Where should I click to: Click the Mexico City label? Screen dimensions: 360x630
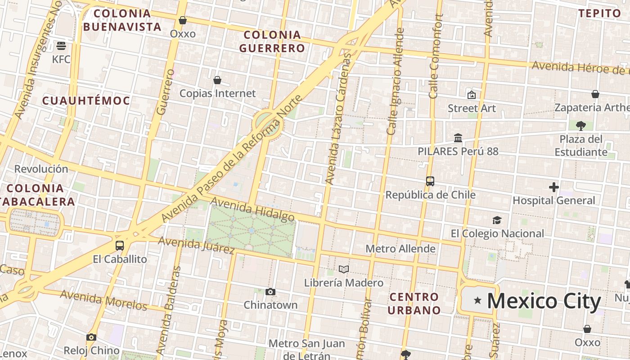pyautogui.click(x=544, y=301)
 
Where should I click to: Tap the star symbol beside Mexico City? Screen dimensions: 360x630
pyautogui.click(x=477, y=300)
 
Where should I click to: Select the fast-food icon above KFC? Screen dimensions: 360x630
pyautogui.click(x=61, y=45)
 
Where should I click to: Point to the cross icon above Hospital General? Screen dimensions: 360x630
pyautogui.click(x=554, y=187)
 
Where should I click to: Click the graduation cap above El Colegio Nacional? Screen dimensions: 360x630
pyautogui.click(x=497, y=220)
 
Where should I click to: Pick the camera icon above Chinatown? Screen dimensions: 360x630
pyautogui.click(x=270, y=292)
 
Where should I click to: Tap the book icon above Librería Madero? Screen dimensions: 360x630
pyautogui.click(x=344, y=269)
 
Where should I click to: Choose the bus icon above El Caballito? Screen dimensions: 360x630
pyautogui.click(x=120, y=246)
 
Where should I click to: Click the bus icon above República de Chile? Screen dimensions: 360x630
pyautogui.click(x=430, y=181)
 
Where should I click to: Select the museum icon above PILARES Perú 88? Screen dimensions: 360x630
pyautogui.click(x=458, y=138)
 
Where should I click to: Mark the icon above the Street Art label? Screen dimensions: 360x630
pyautogui.click(x=472, y=95)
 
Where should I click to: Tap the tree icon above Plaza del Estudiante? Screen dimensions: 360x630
pyautogui.click(x=581, y=126)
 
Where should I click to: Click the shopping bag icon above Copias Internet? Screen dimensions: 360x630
pyautogui.click(x=217, y=80)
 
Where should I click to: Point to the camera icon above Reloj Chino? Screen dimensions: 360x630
pyautogui.click(x=91, y=337)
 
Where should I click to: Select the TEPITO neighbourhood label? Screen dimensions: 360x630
pyautogui.click(x=600, y=13)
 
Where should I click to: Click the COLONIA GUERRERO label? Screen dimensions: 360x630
pyautogui.click(x=272, y=41)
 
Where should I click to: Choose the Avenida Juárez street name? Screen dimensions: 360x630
pyautogui.click(x=196, y=244)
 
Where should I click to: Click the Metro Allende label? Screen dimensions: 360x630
pyautogui.click(x=400, y=248)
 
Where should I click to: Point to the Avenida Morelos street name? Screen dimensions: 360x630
pyautogui.click(x=103, y=300)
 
